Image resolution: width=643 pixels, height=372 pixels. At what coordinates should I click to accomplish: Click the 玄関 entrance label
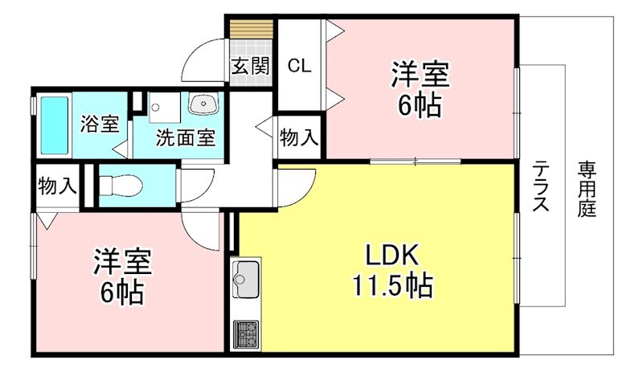[x=251, y=66]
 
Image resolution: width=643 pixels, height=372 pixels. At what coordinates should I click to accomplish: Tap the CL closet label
[x=299, y=66]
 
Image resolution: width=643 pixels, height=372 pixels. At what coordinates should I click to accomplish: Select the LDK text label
[x=392, y=255]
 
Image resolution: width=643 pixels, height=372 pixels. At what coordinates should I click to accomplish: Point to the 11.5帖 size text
[x=392, y=285]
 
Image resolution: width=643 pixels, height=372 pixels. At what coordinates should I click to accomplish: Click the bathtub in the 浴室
[x=55, y=125]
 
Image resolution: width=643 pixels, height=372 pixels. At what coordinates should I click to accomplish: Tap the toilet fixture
[x=121, y=186]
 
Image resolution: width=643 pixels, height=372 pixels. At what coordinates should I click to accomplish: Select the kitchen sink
[x=246, y=279]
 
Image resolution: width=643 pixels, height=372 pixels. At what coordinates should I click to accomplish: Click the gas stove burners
[x=246, y=334]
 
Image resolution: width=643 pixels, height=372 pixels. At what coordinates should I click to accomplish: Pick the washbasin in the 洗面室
[x=203, y=104]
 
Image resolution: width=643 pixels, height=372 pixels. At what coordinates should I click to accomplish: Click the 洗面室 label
[x=186, y=138]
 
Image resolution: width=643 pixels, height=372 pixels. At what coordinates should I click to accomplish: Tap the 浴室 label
[x=100, y=123]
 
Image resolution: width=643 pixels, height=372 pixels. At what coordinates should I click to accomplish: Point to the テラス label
[x=540, y=186]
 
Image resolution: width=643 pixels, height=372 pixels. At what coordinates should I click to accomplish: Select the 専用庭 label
[x=587, y=189]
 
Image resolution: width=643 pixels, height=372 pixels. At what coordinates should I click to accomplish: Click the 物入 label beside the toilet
[x=57, y=186]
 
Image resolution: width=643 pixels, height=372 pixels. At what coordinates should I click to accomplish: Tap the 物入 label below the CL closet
[x=299, y=137]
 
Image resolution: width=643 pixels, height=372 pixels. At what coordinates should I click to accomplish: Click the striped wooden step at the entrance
[x=252, y=29]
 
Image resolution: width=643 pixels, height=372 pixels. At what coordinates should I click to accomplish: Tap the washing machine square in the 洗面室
[x=165, y=108]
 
